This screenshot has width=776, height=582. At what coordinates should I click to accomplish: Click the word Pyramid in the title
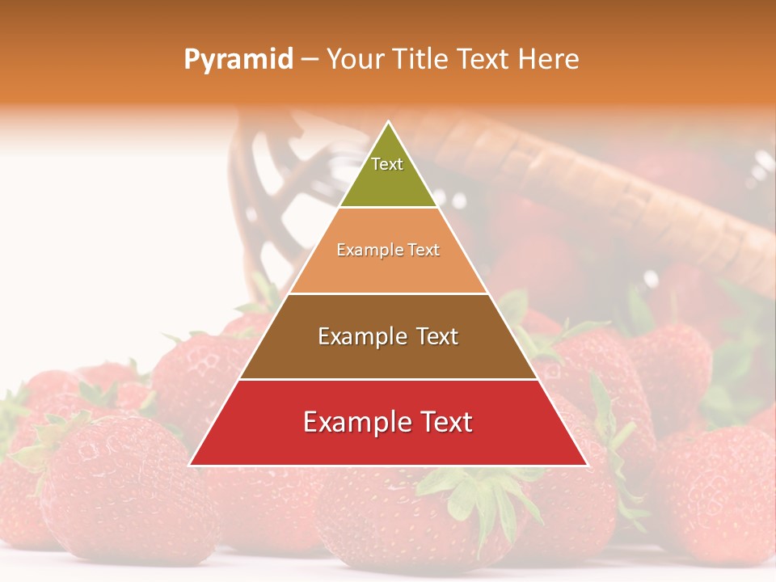(238, 60)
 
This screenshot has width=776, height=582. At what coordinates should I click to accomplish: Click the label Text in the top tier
(387, 164)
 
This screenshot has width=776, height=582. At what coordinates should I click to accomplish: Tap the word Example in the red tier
(353, 422)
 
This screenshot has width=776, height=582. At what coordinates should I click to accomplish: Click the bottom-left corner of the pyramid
(190, 465)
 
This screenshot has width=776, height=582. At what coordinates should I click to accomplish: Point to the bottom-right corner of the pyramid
(587, 465)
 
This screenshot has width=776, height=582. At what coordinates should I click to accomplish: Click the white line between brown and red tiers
(388, 379)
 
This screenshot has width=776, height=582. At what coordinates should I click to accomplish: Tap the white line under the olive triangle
(388, 208)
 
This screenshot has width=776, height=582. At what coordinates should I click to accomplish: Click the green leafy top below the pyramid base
(477, 489)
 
